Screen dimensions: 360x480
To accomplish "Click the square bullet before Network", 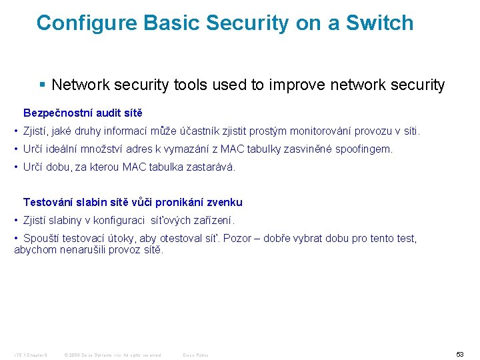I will (x=43, y=85).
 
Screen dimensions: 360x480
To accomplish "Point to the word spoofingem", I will (x=364, y=149).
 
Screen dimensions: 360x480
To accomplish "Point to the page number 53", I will (x=460, y=354).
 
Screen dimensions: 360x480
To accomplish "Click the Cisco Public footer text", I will (x=195, y=355).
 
